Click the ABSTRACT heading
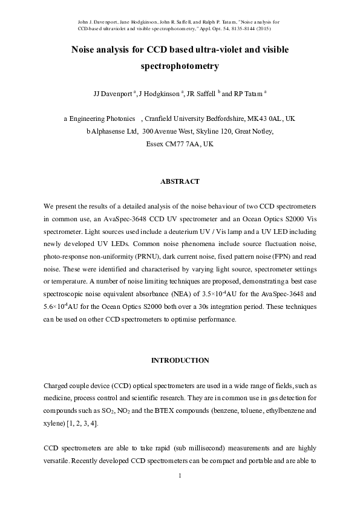(180, 181)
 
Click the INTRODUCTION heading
(180, 360)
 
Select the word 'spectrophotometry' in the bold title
(179, 67)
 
